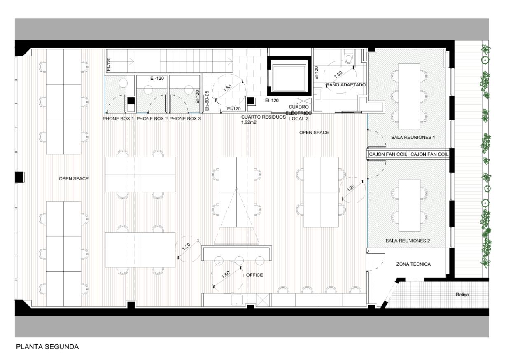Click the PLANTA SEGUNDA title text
coord(47,347)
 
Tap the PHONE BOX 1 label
coord(118,119)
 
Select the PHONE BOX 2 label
coord(152,119)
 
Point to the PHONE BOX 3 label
coord(185,119)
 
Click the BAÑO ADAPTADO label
coord(346,84)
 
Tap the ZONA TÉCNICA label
coord(413,264)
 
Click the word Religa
coord(462,295)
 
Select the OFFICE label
coord(254,275)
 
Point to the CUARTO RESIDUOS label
coord(263,117)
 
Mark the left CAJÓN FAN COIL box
coord(388,154)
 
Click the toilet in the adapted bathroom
coord(350,58)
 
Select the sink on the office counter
coord(237,300)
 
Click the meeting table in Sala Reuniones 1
coord(409,96)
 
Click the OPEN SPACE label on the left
coord(74,179)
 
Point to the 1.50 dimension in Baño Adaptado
coord(339,75)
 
